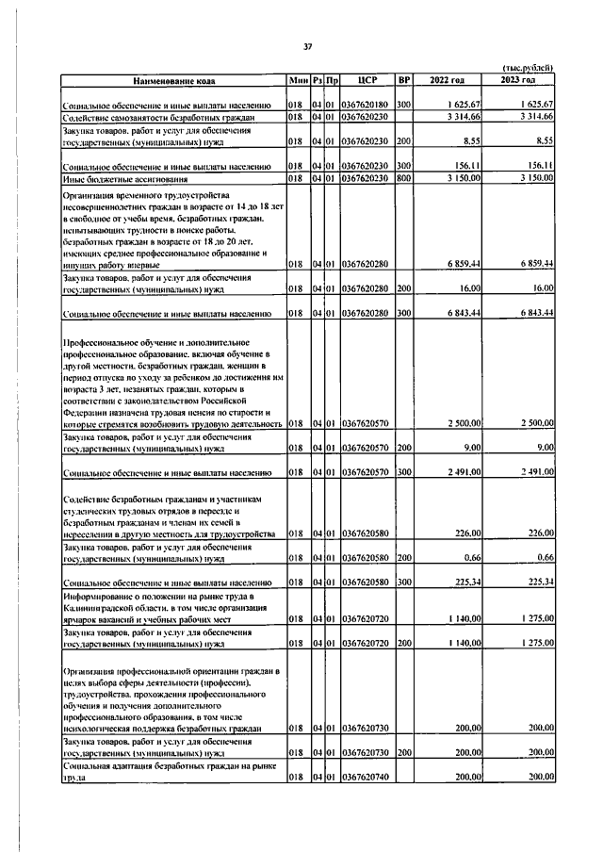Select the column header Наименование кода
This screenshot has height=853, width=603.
coord(173,81)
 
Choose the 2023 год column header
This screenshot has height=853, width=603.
coord(522,81)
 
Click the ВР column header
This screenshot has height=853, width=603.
coord(404,81)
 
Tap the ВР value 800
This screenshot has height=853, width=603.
coord(404,176)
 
